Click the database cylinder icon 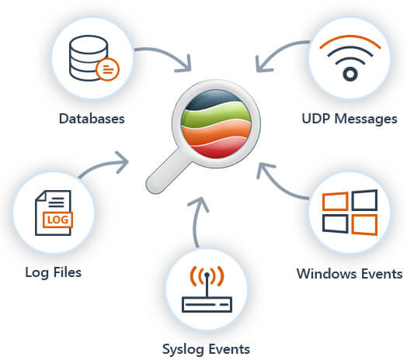pyautogui.click(x=86, y=59)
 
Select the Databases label pyautogui.click(x=91, y=119)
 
